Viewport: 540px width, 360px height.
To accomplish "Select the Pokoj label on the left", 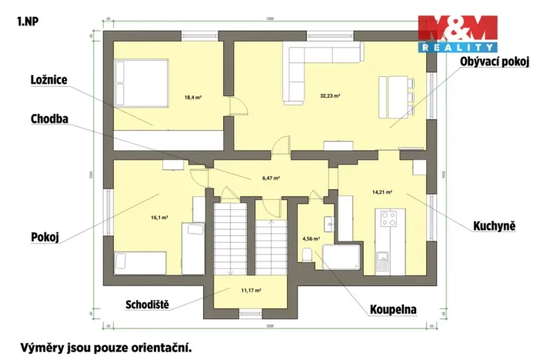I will point(45,237).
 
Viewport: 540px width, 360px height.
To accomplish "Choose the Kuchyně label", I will point(492,226).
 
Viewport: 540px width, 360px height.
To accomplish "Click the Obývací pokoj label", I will point(495,62).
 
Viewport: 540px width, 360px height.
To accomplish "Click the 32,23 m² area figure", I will point(330,96).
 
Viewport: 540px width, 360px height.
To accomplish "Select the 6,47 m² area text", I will point(270,178).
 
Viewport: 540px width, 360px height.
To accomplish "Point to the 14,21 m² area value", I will point(382,192).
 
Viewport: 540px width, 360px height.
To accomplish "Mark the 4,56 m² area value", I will point(311,238).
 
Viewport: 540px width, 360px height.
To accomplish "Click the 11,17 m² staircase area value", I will point(252,291).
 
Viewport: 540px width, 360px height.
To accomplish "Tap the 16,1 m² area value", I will point(159,218).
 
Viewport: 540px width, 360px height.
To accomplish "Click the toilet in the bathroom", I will point(308,256).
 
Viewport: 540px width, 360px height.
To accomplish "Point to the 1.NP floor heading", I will point(27,21).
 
